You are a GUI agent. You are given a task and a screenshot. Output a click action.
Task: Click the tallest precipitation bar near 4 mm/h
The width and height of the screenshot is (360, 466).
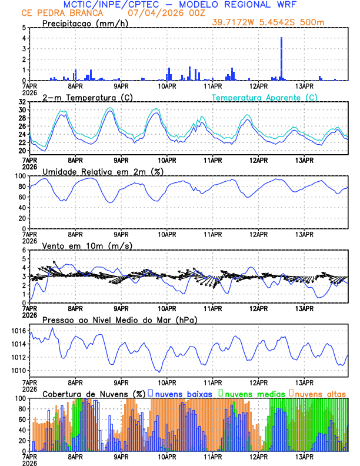click(x=282, y=59)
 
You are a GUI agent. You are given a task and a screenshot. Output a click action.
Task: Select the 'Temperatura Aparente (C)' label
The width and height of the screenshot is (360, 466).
click(x=265, y=97)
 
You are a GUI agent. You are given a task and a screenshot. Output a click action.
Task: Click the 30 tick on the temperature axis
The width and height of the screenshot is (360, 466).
click(x=23, y=110)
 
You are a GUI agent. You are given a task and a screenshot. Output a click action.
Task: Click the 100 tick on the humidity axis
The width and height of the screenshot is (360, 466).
click(x=21, y=176)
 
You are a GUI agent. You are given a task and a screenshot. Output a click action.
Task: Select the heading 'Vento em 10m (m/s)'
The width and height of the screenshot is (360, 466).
click(x=87, y=245)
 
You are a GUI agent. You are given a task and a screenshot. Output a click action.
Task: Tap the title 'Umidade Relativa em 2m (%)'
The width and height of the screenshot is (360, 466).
click(x=103, y=171)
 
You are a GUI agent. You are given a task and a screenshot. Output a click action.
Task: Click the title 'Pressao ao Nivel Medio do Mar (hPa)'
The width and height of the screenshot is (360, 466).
click(x=119, y=319)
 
